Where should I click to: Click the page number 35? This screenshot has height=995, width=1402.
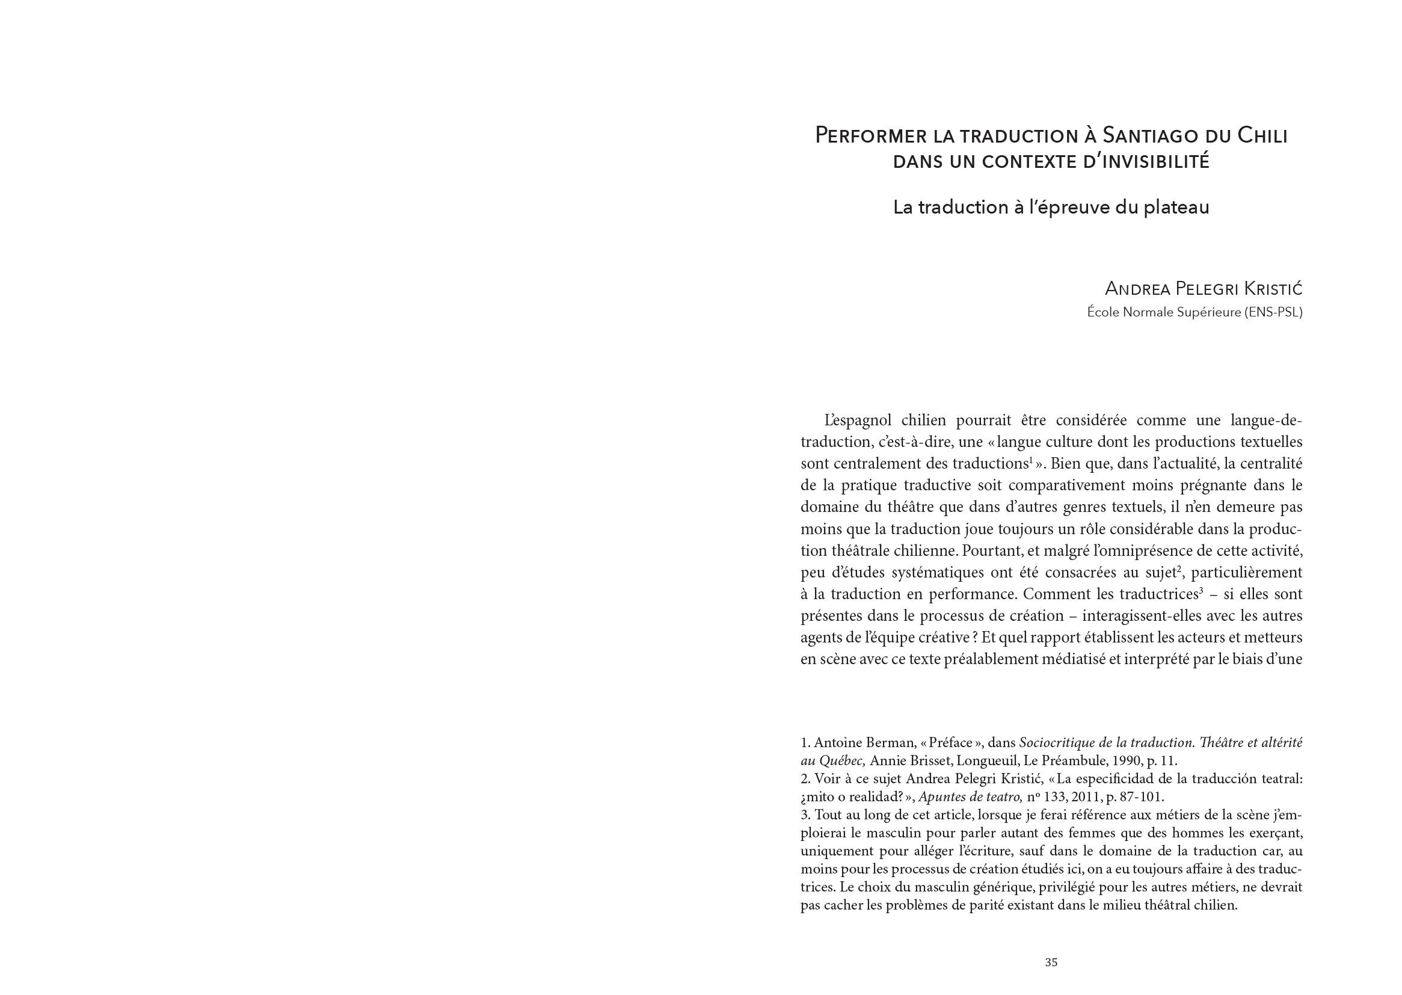(x=1051, y=962)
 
